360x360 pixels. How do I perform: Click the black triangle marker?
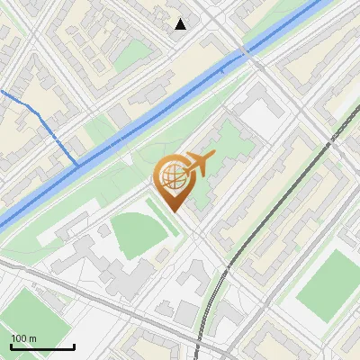point(180,23)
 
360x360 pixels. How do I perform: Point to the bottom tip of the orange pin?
point(175,211)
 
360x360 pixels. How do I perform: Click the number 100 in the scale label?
point(19,338)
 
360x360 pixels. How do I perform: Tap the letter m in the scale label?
point(32,338)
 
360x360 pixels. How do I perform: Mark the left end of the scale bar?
point(11,346)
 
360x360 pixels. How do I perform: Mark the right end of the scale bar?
point(74,346)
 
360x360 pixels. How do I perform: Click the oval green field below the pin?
point(139,232)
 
